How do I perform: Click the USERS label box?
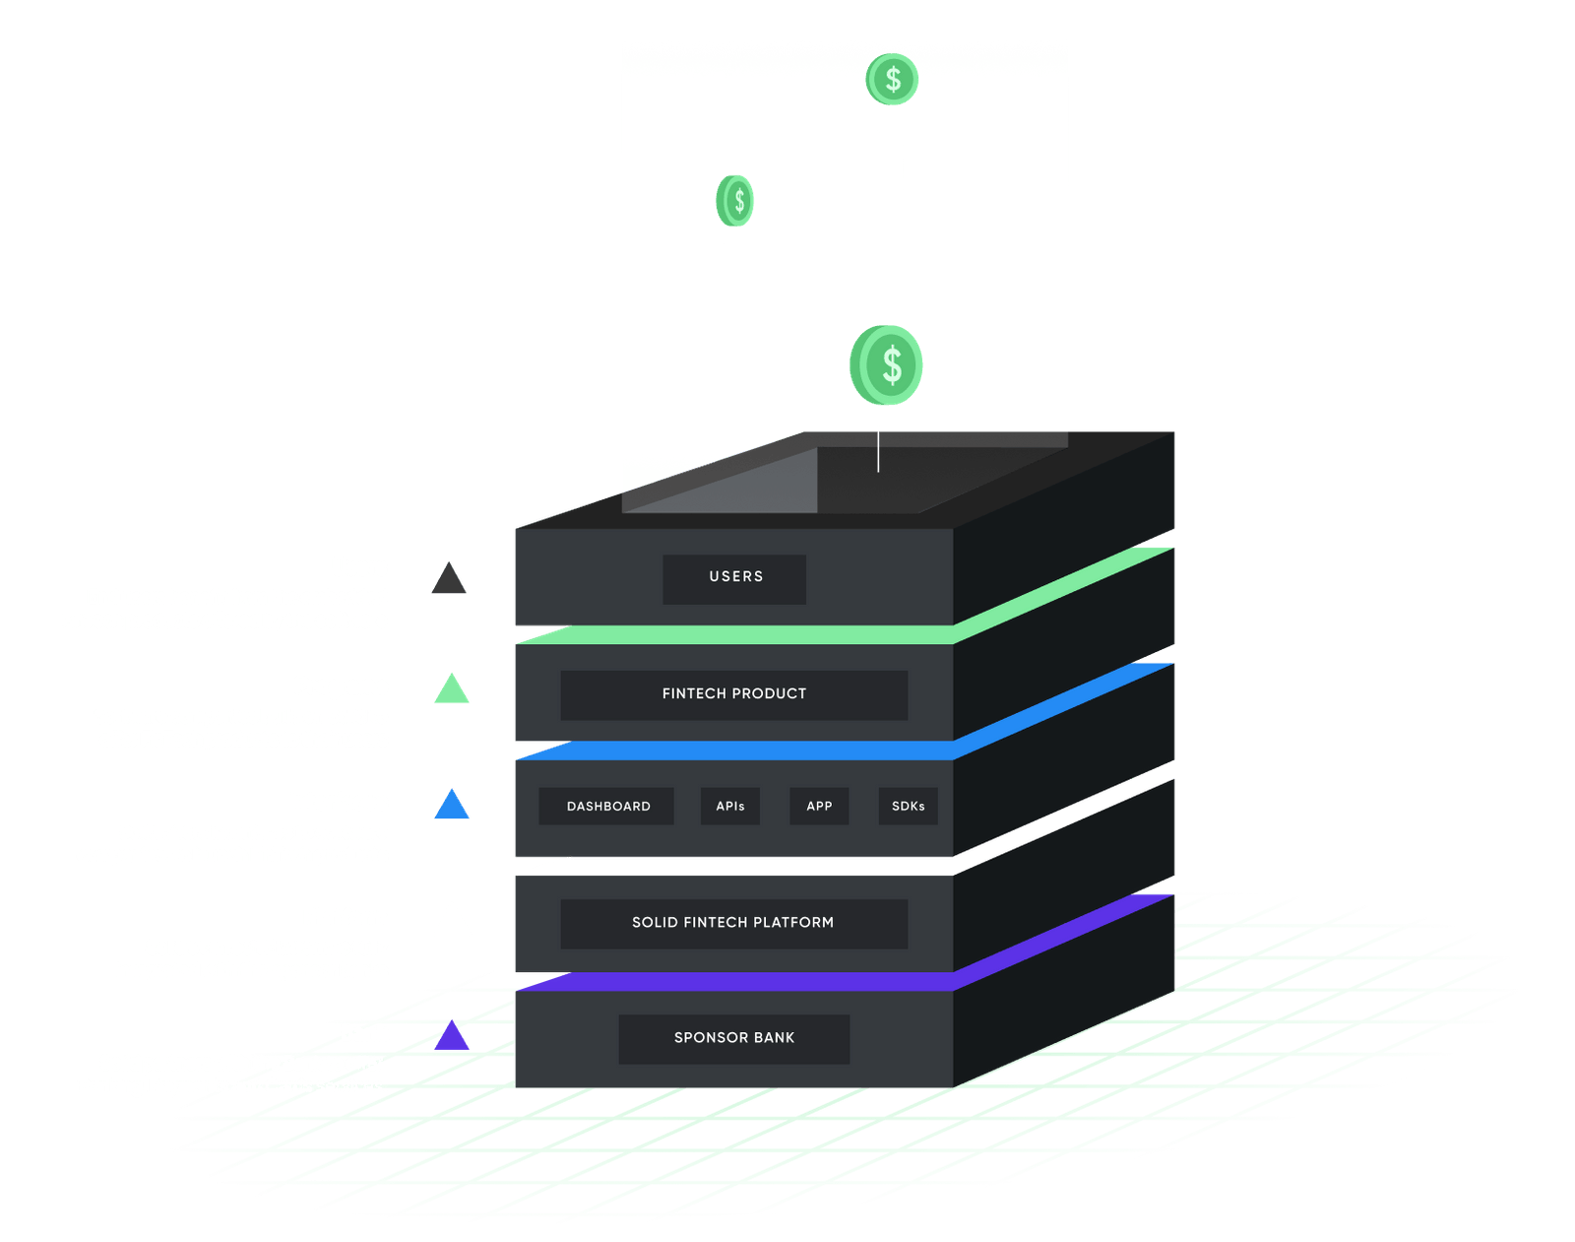[734, 578]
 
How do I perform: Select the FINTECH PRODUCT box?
[734, 694]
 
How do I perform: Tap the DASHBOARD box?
[607, 806]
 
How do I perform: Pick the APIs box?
[730, 806]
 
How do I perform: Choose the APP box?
[819, 806]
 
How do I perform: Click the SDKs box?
[908, 806]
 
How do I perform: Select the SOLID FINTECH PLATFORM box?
[733, 923]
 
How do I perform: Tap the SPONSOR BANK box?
[734, 1038]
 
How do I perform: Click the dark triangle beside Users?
[450, 580]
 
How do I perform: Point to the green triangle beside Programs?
[452, 690]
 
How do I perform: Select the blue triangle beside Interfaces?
[453, 806]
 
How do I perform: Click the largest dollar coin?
[887, 365]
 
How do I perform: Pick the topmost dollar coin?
[893, 79]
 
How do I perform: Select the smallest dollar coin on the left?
[735, 201]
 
